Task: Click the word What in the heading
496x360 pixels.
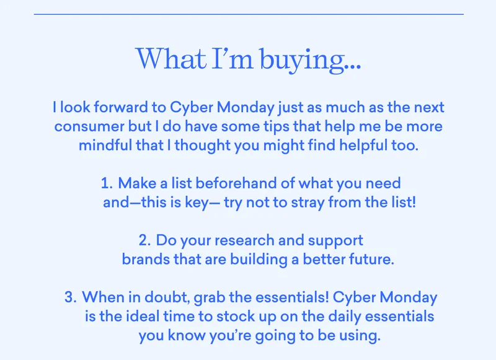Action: coord(171,58)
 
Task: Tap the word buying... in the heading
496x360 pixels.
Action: coord(310,60)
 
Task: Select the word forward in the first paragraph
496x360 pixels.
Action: coord(121,107)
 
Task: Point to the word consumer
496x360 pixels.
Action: coord(89,127)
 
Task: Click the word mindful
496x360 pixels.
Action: coord(105,146)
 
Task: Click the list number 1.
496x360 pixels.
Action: coord(107,183)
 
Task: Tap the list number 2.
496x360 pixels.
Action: coord(144,240)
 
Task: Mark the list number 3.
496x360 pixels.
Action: coord(70,297)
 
